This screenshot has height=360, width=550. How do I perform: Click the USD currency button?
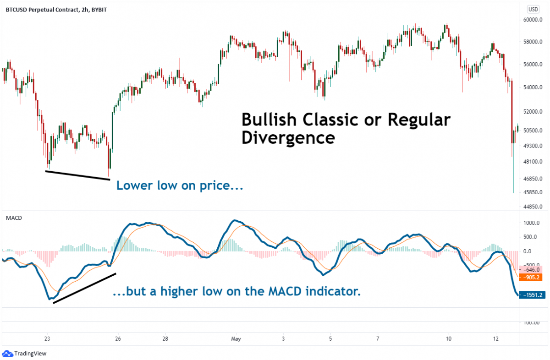pos(533,9)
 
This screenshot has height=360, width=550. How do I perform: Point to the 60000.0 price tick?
pos(533,20)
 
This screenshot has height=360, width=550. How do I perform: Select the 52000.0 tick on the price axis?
pos(533,112)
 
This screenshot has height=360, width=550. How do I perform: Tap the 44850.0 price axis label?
pos(533,207)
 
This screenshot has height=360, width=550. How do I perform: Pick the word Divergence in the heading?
pos(288,137)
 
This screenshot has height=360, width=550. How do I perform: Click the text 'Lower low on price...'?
pos(179,186)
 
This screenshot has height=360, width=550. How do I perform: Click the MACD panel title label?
pos(14,218)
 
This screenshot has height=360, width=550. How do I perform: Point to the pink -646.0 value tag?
pos(533,270)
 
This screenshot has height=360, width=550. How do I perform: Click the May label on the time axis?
pos(236,339)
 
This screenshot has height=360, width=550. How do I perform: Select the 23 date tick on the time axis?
pos(47,339)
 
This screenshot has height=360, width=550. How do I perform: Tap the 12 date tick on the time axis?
pos(495,339)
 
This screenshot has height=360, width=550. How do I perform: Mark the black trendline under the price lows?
pos(77,175)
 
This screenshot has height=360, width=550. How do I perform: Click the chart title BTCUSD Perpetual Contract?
pos(40,9)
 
